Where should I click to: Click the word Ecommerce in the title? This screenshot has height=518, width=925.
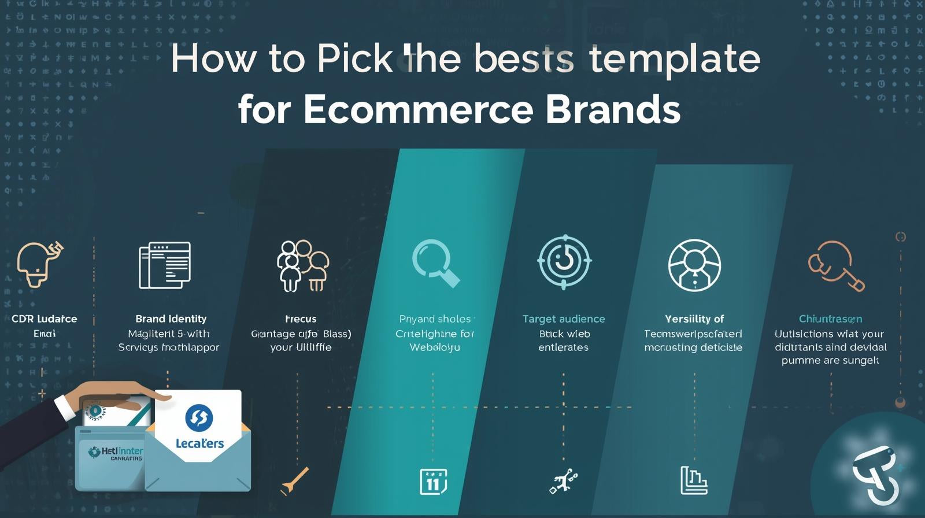tap(417, 109)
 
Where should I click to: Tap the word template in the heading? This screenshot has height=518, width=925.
tap(674, 59)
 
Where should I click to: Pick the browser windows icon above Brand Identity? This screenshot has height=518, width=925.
tap(165, 265)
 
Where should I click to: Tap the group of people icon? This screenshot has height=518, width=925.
tap(302, 266)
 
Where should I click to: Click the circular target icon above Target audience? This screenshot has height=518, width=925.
tap(564, 262)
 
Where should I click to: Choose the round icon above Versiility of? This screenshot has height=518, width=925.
tap(694, 265)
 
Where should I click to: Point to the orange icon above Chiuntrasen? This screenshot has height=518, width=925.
tap(835, 266)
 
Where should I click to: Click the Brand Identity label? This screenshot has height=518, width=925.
tap(171, 319)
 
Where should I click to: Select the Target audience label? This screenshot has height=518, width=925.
tap(564, 319)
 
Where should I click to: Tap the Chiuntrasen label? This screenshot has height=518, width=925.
tap(830, 319)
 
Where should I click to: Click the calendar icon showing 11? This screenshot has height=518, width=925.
tap(433, 482)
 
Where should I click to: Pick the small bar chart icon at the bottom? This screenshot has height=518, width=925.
tap(694, 480)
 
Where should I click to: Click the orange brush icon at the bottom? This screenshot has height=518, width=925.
tap(295, 481)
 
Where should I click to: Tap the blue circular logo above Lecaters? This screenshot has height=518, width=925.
tap(199, 417)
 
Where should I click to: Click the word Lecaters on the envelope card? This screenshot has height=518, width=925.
tap(199, 443)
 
